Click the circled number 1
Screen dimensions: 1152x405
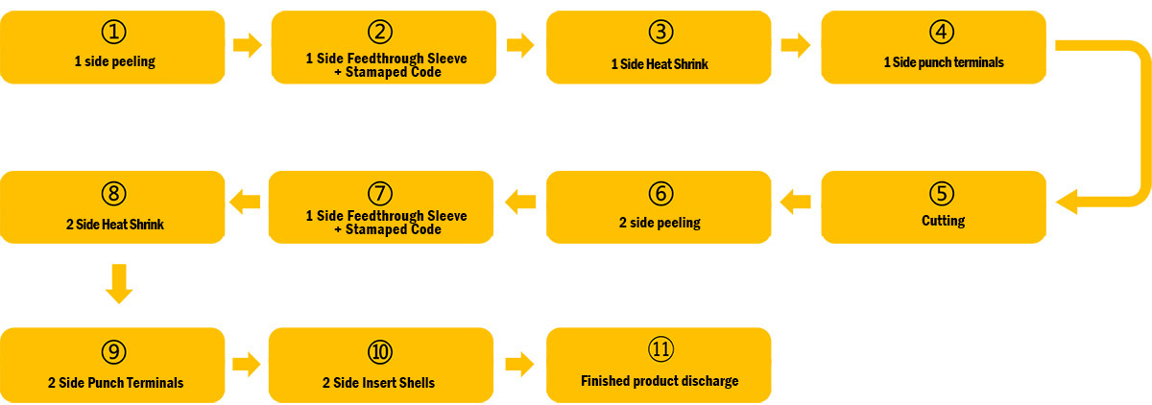point(113,32)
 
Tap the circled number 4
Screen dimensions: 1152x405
point(942,32)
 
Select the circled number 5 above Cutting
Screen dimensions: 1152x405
point(942,194)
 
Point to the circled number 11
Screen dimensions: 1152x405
point(660,349)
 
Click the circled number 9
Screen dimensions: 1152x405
point(113,352)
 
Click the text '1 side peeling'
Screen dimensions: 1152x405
point(114,61)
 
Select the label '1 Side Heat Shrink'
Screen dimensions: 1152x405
point(660,64)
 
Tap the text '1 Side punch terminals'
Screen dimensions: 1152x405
point(944,62)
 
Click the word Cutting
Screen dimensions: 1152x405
point(943,221)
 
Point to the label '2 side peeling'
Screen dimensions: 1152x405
point(660,223)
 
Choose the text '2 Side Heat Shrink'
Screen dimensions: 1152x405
point(114,225)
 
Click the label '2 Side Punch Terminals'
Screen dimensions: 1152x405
point(116,383)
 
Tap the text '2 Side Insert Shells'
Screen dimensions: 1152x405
point(378,383)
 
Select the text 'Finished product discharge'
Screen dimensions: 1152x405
point(660,381)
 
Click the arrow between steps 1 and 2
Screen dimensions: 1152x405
point(248,45)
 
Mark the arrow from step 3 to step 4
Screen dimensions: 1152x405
point(796,45)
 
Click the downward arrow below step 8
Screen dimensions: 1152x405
point(119,284)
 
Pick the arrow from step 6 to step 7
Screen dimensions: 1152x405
point(520,202)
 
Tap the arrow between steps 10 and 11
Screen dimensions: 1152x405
point(520,365)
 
